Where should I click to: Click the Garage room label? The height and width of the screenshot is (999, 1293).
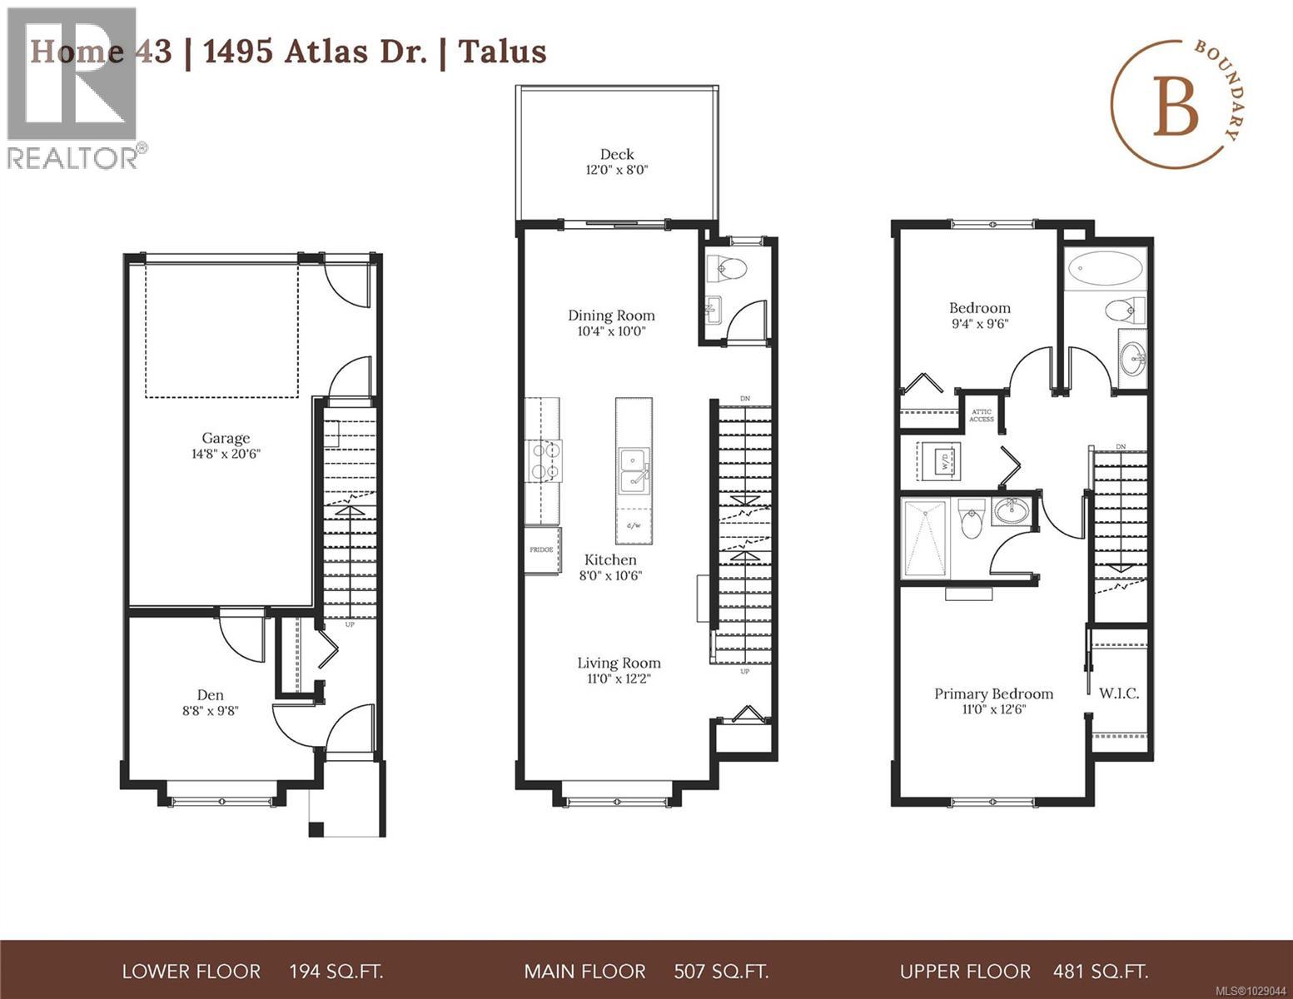226,438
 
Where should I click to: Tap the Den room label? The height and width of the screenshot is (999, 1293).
210,695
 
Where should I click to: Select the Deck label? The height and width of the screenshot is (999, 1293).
617,154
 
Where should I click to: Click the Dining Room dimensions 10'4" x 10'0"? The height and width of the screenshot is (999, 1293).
611,331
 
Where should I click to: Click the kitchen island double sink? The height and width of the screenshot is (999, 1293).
634,470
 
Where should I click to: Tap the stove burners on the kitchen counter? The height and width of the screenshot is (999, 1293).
545,460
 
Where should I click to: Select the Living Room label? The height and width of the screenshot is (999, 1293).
619,663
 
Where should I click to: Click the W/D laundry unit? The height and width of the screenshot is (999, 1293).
939,460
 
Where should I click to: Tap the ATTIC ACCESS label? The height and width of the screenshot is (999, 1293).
982,415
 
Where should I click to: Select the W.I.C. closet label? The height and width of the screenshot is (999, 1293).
1119,693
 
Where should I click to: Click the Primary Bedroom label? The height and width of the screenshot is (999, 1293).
993,693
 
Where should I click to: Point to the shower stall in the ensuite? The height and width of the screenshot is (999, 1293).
925,539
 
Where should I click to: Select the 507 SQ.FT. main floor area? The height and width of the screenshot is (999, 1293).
720,972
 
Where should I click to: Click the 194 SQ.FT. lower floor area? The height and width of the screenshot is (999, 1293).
336,972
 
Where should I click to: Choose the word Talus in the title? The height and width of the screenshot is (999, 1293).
503,52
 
